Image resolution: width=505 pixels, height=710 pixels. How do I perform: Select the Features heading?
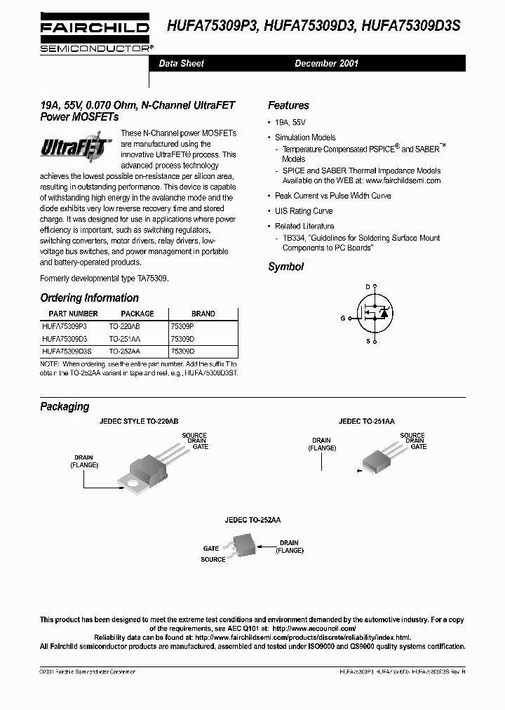(288, 105)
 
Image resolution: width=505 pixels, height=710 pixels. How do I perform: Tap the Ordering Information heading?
(89, 297)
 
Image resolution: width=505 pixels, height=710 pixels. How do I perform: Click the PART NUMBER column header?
(73, 314)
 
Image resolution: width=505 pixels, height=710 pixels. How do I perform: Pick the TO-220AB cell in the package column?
(125, 327)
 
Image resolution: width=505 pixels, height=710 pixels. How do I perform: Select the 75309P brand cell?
(182, 327)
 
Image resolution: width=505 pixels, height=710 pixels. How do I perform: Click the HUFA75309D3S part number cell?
(67, 351)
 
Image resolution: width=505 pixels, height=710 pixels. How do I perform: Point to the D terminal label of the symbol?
(367, 286)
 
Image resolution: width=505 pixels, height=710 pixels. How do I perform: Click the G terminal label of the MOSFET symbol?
(343, 318)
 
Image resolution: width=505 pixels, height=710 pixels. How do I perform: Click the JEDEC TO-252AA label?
(252, 521)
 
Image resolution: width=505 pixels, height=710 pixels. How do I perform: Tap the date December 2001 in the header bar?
(326, 63)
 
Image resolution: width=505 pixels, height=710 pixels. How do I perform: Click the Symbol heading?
(285, 267)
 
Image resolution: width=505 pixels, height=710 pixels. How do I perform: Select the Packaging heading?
(65, 406)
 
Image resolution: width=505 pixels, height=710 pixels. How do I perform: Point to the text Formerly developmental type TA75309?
(104, 279)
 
